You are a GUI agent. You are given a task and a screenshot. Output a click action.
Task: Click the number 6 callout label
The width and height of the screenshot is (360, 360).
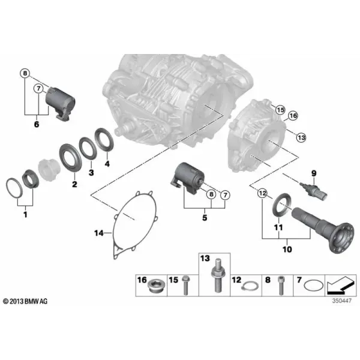[x=37, y=124]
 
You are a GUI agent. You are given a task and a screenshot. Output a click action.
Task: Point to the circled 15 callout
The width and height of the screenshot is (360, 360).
[x=280, y=110]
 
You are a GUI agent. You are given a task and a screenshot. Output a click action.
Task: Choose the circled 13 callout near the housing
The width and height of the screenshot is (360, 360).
[x=301, y=137]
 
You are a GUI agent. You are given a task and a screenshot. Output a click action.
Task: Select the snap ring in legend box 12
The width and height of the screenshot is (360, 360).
[x=250, y=286]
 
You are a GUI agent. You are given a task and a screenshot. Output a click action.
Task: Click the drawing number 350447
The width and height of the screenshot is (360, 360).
[x=341, y=301]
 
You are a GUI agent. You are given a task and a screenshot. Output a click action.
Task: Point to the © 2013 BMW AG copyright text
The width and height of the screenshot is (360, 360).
[x=25, y=301]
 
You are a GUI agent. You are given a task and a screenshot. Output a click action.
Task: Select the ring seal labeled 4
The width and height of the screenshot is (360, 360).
[x=104, y=140]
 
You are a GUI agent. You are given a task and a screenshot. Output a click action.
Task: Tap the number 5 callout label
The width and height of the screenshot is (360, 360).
[x=205, y=217]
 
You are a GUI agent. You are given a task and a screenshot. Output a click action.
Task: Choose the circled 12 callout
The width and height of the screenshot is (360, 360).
[x=262, y=193]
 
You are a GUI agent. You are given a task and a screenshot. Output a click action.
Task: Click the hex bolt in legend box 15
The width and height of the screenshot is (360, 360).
[x=185, y=285]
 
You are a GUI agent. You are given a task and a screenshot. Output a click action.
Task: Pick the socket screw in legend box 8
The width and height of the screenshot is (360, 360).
[x=281, y=286]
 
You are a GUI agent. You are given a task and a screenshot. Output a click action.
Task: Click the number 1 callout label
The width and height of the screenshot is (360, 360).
[x=25, y=215]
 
